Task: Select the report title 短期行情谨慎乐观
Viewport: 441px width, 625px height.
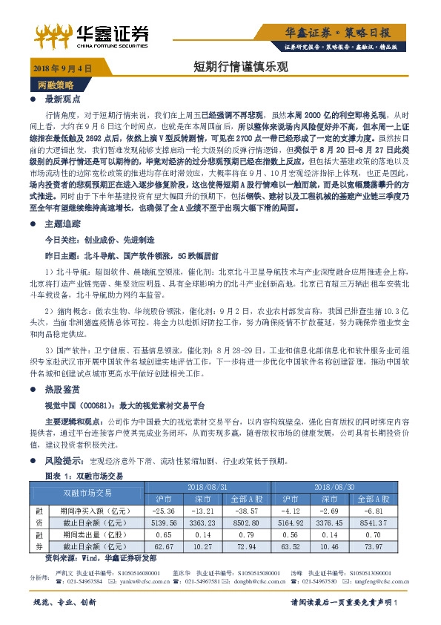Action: coord(220,68)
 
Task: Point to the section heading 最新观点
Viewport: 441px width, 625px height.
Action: coord(62,99)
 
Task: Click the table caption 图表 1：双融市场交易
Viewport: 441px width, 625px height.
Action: coord(84,474)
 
